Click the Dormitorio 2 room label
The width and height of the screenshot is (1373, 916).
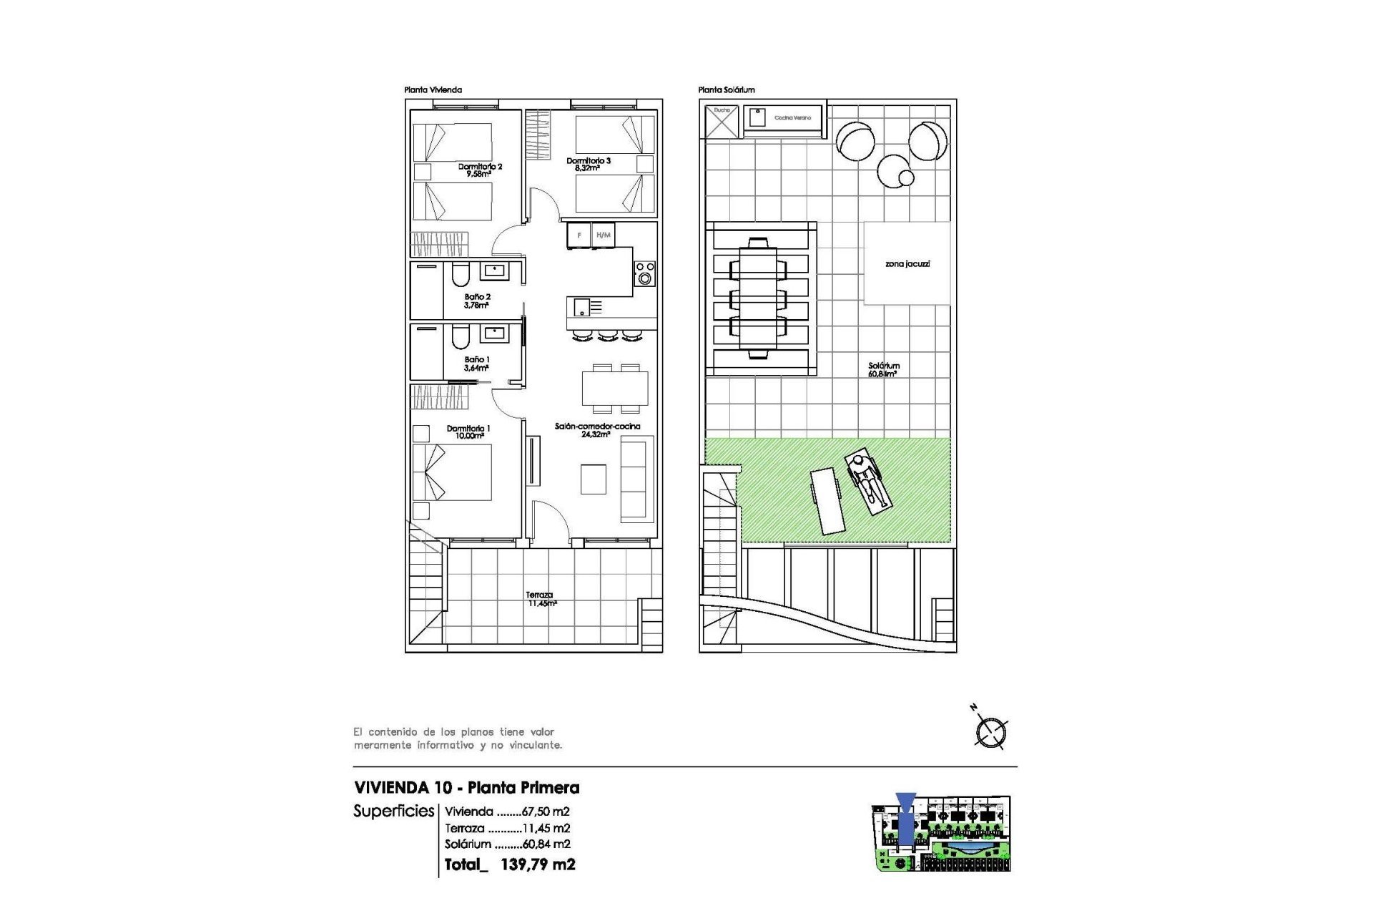(480, 170)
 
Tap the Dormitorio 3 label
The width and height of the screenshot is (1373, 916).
(589, 165)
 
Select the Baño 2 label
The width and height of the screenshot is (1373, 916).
(477, 301)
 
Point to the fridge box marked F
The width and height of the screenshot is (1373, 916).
(579, 235)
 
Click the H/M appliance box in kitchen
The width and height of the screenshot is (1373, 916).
(604, 235)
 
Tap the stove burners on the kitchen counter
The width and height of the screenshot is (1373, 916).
(645, 273)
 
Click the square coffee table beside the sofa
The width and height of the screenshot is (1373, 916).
(593, 479)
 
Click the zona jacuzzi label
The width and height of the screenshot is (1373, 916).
(907, 264)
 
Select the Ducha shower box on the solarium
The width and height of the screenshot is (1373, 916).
(721, 121)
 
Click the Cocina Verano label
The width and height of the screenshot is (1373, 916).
(792, 118)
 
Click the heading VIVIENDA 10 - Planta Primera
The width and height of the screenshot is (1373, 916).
(466, 788)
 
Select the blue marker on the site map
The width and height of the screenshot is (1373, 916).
(905, 822)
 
